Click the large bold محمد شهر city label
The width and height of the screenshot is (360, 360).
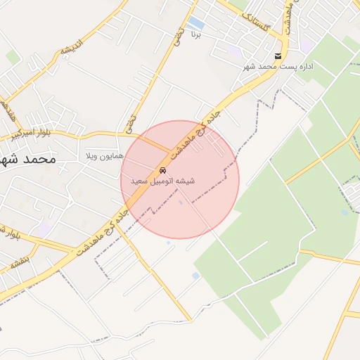(x=27, y=159)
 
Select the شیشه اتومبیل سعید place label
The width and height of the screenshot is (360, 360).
(x=162, y=181)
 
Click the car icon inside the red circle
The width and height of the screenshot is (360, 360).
(x=163, y=171)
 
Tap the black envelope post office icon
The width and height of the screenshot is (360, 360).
(x=278, y=56)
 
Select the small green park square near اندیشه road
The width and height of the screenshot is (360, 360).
(x=13, y=57)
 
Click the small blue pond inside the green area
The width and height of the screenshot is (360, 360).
(x=345, y=212)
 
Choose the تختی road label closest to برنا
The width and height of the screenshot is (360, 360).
(x=179, y=33)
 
